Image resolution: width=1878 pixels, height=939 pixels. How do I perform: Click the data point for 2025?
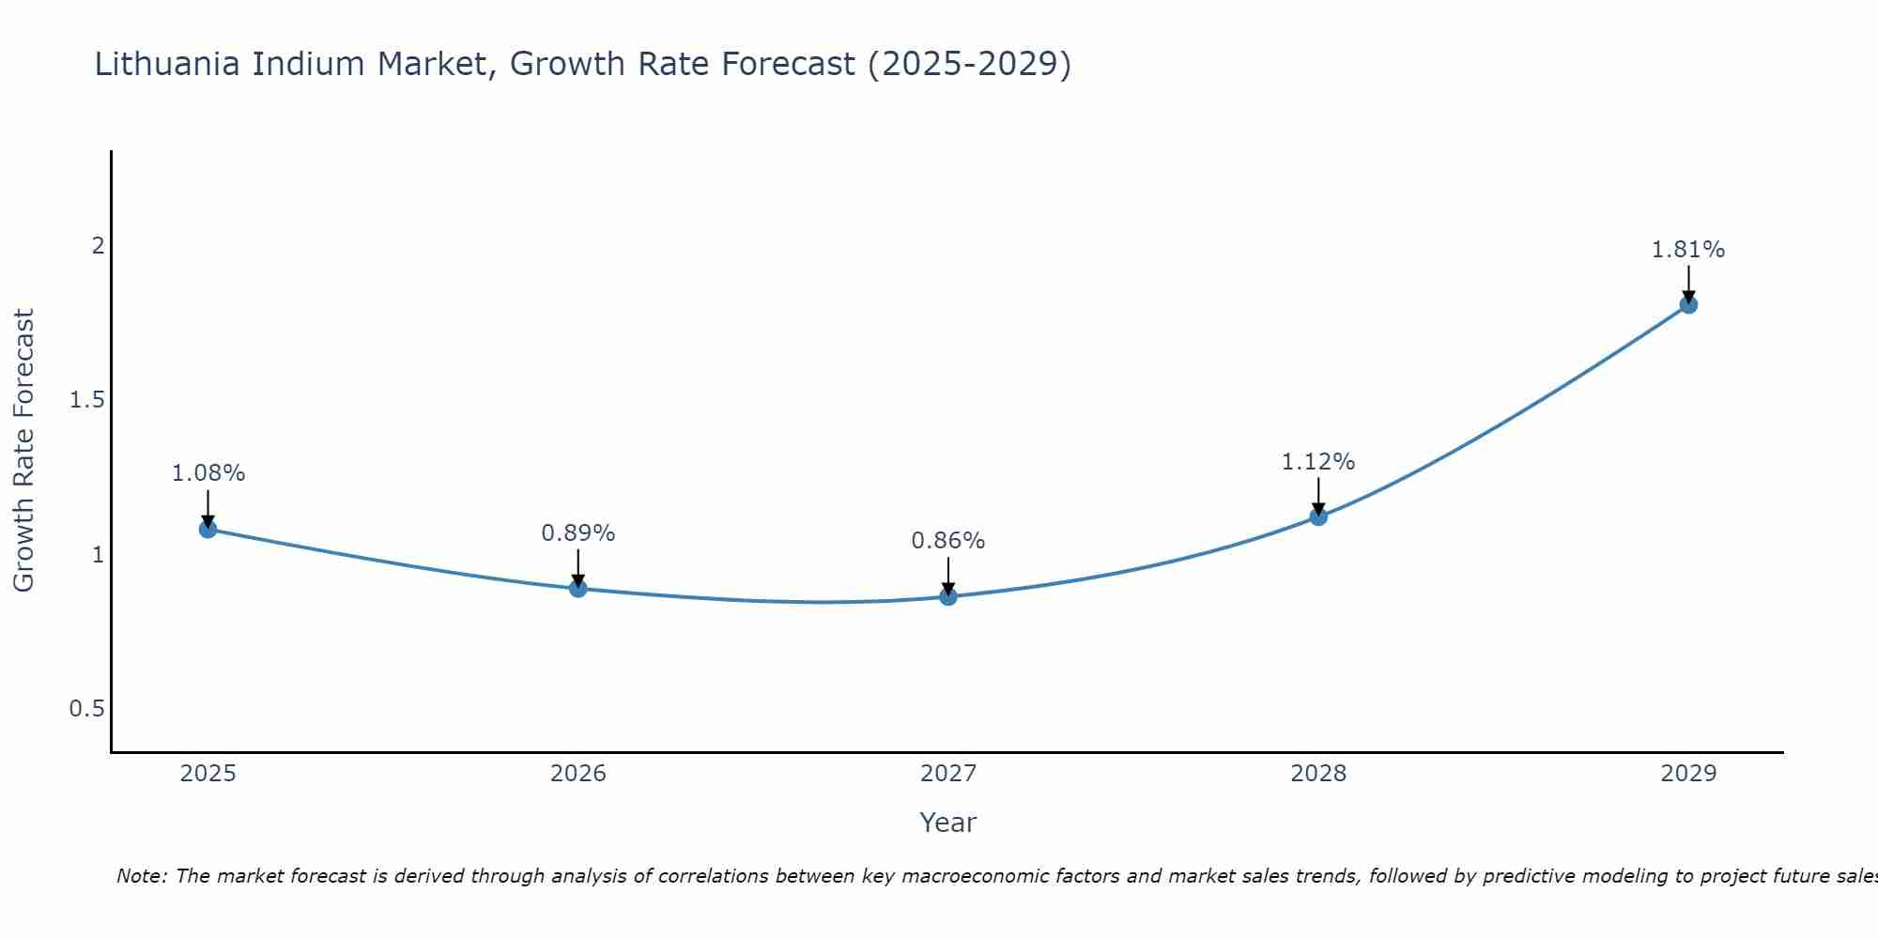208,530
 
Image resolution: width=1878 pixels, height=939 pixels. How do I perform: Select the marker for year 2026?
578,589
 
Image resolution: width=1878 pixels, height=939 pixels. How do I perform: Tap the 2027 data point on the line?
948,596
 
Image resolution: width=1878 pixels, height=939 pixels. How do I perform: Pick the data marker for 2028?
1318,516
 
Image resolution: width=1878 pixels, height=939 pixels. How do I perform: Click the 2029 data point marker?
1688,304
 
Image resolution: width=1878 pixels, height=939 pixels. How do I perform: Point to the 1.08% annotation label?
208,473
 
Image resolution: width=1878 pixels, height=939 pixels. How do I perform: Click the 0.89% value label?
578,533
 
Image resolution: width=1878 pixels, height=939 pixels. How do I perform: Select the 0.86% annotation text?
948,541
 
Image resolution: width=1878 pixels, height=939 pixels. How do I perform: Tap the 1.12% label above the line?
1318,462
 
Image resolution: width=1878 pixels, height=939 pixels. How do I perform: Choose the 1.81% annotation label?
1688,250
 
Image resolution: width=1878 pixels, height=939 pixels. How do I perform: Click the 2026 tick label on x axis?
578,774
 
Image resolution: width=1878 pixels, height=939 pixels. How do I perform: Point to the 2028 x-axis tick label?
1318,774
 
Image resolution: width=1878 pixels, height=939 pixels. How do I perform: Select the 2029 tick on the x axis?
1688,774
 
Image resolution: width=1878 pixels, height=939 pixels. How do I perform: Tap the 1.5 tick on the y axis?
87,400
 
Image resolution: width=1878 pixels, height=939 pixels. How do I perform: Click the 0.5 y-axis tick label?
87,709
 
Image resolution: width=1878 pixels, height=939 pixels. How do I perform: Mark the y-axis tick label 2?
98,246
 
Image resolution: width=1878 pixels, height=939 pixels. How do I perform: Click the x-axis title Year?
948,823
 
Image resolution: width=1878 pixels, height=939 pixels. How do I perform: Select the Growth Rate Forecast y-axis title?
23,451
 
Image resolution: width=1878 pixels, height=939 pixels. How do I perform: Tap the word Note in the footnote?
141,876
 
